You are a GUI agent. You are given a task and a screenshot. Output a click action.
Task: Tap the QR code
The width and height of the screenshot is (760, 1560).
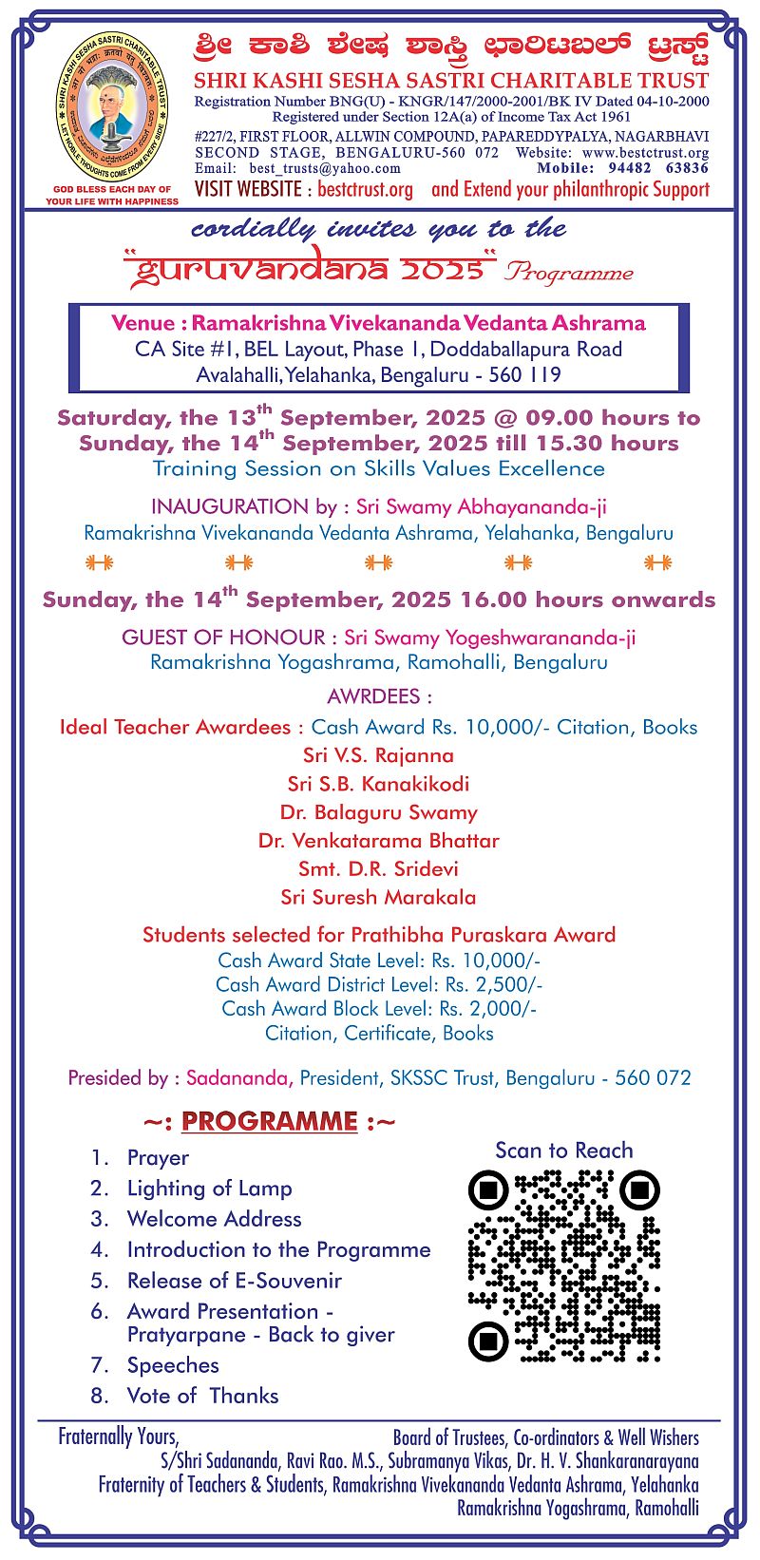point(564,1265)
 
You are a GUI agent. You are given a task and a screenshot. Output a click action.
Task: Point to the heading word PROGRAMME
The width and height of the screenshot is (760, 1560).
point(270,1121)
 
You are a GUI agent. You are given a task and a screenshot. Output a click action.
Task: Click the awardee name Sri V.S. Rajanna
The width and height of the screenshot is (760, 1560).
point(378,755)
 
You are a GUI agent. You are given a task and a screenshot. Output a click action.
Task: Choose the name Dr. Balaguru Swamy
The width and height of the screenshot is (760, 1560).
point(378,812)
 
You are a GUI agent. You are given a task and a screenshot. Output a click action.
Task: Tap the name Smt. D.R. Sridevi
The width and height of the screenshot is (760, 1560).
point(378,868)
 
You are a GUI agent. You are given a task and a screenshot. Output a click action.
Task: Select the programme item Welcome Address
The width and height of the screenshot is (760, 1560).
point(214,1219)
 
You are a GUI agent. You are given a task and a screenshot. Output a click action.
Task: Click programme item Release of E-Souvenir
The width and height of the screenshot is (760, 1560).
point(234,1281)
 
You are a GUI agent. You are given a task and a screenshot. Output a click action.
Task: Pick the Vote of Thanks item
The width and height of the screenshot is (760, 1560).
point(202,1396)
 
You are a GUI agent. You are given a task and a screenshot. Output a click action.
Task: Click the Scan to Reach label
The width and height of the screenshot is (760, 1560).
point(563,1151)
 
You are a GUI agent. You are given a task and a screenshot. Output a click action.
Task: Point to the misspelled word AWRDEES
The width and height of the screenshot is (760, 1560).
point(378,696)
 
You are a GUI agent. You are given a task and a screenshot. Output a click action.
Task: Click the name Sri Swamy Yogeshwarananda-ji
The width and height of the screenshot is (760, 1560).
point(489,637)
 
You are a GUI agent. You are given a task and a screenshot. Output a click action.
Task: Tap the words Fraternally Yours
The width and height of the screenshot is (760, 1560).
point(118,1436)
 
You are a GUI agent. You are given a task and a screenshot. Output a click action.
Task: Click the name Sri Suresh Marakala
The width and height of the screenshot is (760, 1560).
point(378,897)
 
